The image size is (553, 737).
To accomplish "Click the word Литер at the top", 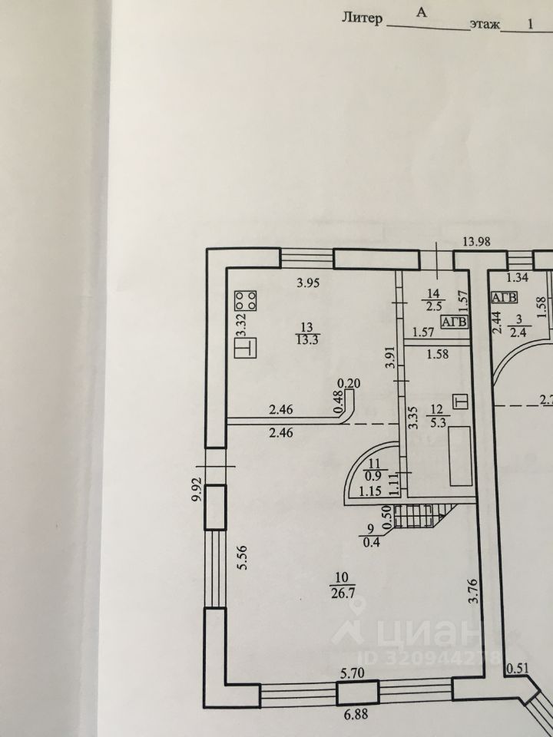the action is [x=361, y=18].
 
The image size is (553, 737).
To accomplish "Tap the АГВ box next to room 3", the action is [x=505, y=297].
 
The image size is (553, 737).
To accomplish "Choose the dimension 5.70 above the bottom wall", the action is [x=353, y=673].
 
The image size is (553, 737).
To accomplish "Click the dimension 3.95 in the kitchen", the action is [x=309, y=283].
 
